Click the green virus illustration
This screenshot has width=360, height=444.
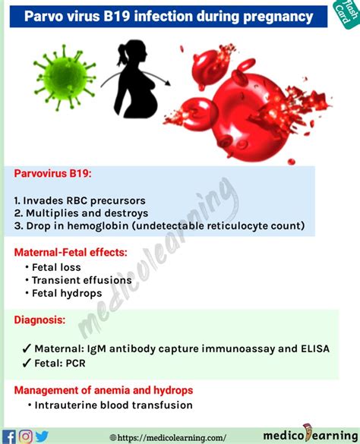(65, 77)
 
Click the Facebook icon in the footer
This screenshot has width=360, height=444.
(9, 437)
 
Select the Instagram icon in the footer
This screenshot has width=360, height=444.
(26, 436)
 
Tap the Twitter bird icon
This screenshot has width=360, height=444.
(42, 436)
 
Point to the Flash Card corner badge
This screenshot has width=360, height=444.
(346, 14)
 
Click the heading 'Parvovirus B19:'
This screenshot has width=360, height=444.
(52, 173)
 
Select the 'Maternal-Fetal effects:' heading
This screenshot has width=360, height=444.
(71, 252)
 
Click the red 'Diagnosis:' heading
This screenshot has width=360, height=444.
(39, 320)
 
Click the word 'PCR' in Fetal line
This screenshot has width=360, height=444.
(75, 363)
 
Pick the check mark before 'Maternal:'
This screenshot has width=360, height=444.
(27, 349)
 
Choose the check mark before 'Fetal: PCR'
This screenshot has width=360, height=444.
(27, 364)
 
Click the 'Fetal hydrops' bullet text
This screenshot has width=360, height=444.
(67, 293)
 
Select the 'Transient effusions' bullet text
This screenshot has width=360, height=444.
(81, 280)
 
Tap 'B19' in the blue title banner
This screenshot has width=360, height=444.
(117, 17)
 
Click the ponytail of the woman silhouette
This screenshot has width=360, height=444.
(122, 55)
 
